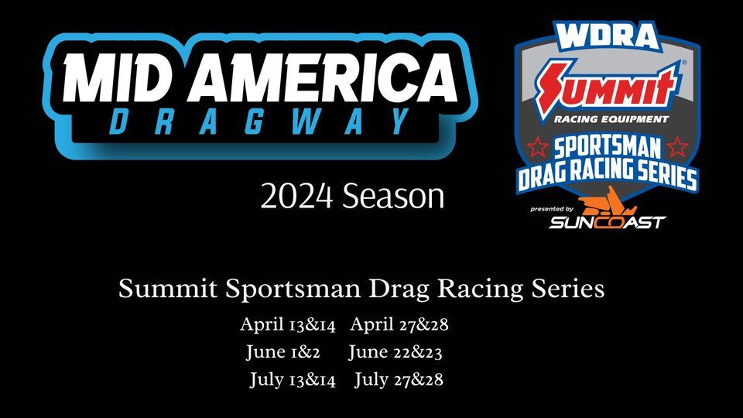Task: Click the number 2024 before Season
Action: coord(296,196)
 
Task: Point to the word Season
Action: coord(393,196)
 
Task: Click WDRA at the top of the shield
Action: coord(608,36)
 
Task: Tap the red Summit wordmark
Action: coord(608,87)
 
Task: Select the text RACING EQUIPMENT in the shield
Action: coord(611,119)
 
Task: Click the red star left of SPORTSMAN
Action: coord(539,147)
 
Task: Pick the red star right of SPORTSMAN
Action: coord(677,147)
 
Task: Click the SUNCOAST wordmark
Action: coord(608,222)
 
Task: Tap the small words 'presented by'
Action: coord(552,209)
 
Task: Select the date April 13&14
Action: coord(288,325)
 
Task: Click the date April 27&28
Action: coord(399,324)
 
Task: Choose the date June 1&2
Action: coord(283,352)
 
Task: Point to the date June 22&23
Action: coord(395,352)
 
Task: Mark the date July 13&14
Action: coord(293,379)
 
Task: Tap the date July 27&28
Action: coord(399,379)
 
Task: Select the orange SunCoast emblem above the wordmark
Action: coord(608,202)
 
